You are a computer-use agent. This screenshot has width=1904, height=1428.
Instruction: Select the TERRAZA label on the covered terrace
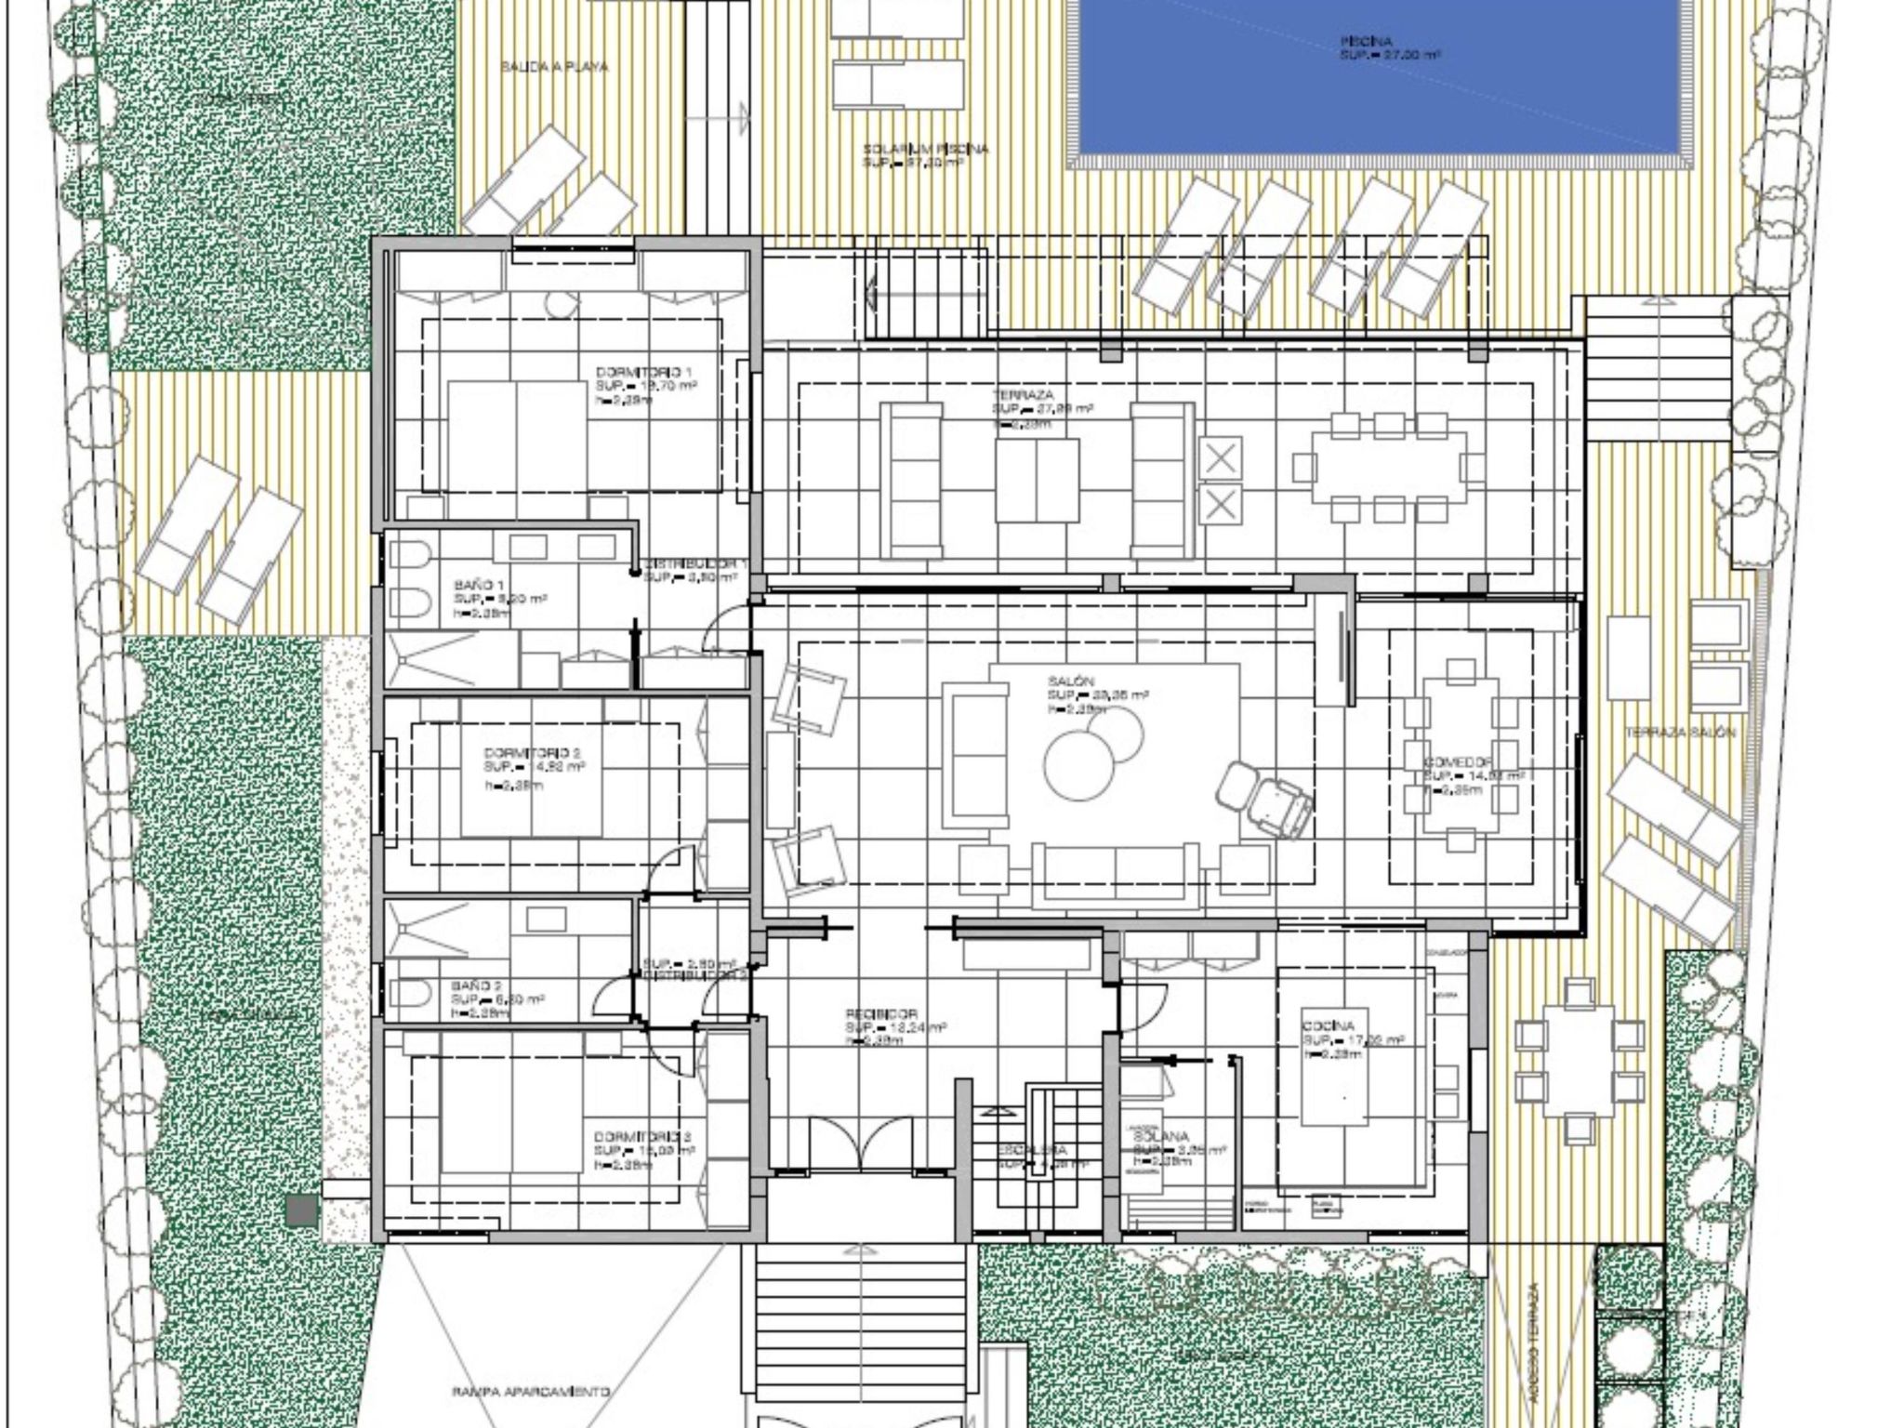(x=1022, y=395)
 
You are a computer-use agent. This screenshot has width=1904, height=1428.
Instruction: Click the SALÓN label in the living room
(x=1070, y=682)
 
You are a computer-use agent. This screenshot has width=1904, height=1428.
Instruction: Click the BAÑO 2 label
(x=476, y=985)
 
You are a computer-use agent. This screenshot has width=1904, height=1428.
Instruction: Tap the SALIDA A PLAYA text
(x=554, y=67)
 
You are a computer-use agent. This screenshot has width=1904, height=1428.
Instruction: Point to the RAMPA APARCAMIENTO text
(x=531, y=1392)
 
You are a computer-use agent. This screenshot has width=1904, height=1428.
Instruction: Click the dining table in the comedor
(x=1461, y=754)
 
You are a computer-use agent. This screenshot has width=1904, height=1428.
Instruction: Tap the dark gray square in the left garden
(x=301, y=1210)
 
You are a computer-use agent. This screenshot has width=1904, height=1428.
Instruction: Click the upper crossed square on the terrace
(x=1220, y=458)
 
